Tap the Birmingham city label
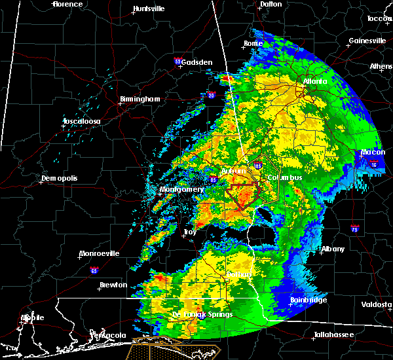pos(140,99)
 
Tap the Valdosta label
pos(377,305)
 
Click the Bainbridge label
pos(310,300)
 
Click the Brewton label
pos(113,285)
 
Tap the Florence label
pos(68,4)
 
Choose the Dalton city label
pos(271,4)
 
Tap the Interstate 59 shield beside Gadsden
pos(178,62)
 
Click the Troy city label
pos(190,232)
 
